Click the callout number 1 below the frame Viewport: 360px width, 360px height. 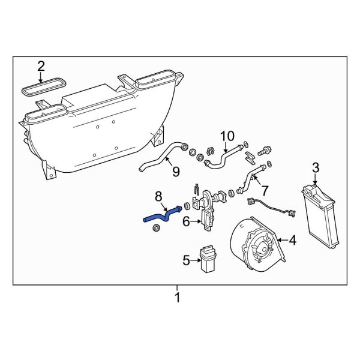177,297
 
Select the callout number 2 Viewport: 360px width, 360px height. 41,66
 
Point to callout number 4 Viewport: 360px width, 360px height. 292,241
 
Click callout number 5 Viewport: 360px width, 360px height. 186,260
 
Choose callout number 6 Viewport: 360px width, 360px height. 186,222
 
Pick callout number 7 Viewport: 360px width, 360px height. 265,190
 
